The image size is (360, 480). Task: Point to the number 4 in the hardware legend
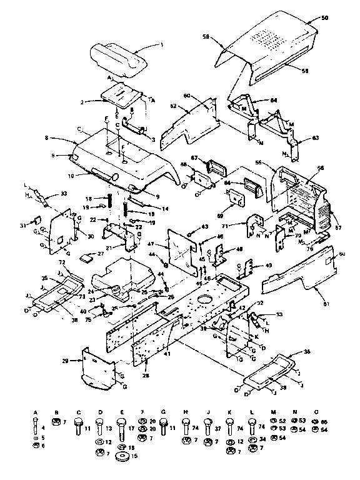43,428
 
